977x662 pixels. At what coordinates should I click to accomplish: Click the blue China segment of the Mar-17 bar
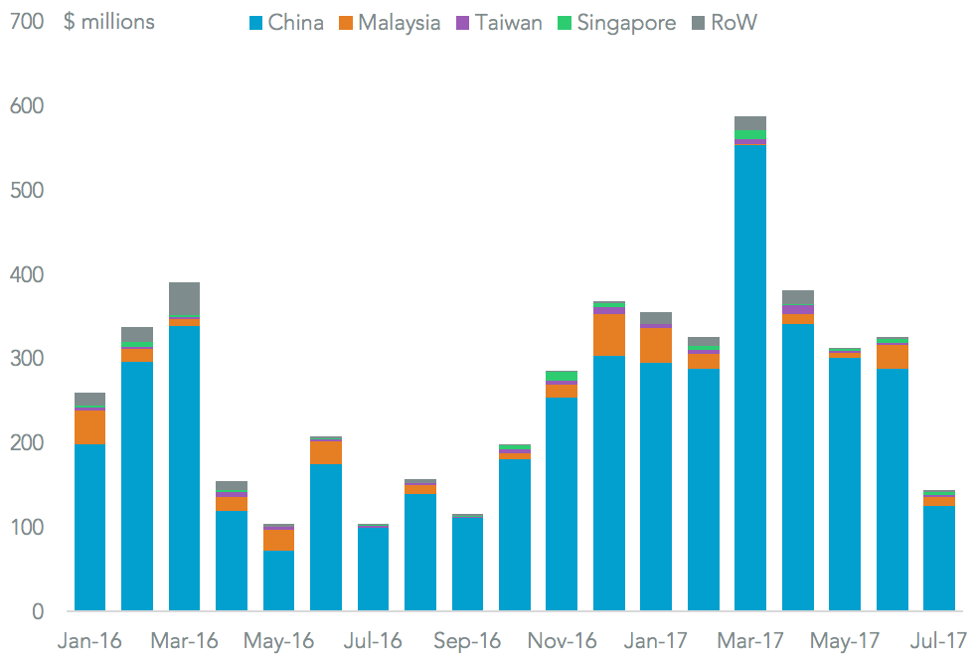point(749,378)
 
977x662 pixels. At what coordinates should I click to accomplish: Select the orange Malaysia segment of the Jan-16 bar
point(89,427)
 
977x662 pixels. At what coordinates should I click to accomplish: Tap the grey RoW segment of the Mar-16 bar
point(184,298)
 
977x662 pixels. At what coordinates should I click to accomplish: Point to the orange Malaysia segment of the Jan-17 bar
point(655,345)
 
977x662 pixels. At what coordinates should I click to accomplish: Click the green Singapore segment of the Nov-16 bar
point(561,376)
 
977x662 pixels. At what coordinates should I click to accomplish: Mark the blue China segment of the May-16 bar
point(278,580)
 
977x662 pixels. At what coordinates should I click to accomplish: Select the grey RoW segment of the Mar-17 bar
point(749,123)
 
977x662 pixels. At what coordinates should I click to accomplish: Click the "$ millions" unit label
point(109,22)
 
